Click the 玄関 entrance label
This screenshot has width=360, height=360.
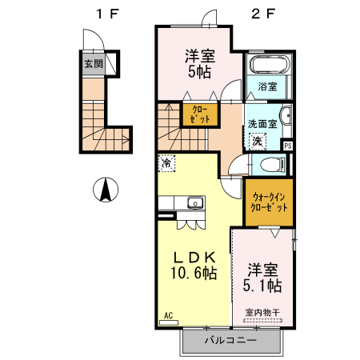[x=94, y=64]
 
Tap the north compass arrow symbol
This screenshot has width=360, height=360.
[x=106, y=190]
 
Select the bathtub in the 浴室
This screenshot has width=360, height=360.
[x=270, y=64]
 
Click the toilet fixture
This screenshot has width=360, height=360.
[x=273, y=164]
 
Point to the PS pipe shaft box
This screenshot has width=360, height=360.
[x=288, y=146]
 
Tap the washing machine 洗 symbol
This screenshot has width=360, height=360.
[x=258, y=141]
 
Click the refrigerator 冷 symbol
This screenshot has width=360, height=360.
[x=166, y=163]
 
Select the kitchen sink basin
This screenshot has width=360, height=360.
[x=195, y=203]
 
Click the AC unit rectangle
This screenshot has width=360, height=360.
[x=169, y=322]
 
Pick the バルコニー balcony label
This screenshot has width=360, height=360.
[x=230, y=340]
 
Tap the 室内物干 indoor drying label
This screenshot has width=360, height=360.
[x=262, y=312]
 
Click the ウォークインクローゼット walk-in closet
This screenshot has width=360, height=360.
[x=269, y=202]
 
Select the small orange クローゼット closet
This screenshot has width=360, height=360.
[x=200, y=114]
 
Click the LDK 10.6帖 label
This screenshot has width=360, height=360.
[x=194, y=265]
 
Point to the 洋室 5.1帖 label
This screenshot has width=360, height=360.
[x=262, y=278]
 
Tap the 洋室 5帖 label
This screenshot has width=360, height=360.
[x=200, y=64]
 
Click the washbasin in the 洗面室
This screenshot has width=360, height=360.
[x=286, y=116]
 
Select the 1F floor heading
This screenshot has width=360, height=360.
[x=107, y=14]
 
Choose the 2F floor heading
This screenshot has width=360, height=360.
[x=263, y=14]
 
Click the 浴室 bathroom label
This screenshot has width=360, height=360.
[x=267, y=86]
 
